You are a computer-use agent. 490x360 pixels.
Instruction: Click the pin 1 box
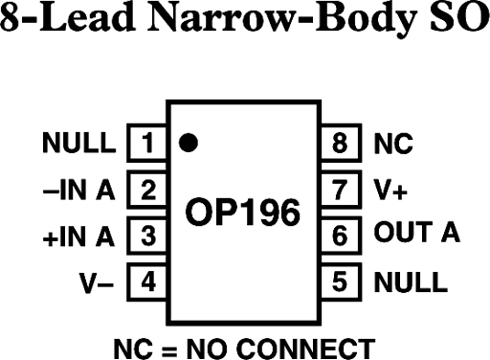146,145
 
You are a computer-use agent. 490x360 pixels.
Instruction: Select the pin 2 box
146,190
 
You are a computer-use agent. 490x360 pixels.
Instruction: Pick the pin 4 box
146,281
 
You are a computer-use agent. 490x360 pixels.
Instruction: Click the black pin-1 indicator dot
189,144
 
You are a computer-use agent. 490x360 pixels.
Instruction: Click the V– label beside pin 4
96,281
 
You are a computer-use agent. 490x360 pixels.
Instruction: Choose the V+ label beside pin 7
390,190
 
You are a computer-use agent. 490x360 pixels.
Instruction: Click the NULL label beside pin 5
410,281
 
